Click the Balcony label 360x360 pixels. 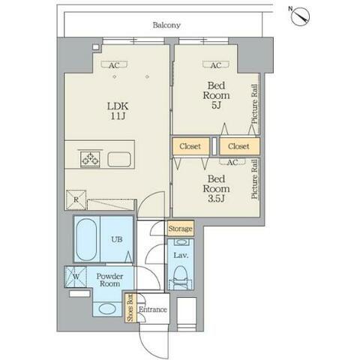tap(166, 25)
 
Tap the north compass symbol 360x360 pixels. tap(301, 16)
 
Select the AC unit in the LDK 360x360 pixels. tap(114, 64)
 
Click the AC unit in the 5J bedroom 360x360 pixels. tap(216, 64)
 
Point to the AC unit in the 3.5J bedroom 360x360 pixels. tap(232, 162)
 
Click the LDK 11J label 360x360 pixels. tap(118, 111)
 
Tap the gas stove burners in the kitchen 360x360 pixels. tap(90, 159)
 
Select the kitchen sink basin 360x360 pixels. tap(119, 159)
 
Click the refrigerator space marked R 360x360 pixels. tap(76, 199)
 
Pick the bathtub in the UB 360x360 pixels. tap(86, 239)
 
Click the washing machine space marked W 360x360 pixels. tap(76, 277)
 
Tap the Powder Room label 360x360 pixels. tap(109, 280)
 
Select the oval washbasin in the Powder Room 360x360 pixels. tap(107, 309)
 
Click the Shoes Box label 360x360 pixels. tap(130, 308)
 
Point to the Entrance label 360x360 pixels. tap(153, 310)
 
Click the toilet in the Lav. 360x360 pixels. tap(180, 277)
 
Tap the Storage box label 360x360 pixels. tap(180, 228)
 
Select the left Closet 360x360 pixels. tap(190, 146)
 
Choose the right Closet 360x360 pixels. tap(239, 146)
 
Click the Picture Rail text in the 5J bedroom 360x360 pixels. tap(254, 104)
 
